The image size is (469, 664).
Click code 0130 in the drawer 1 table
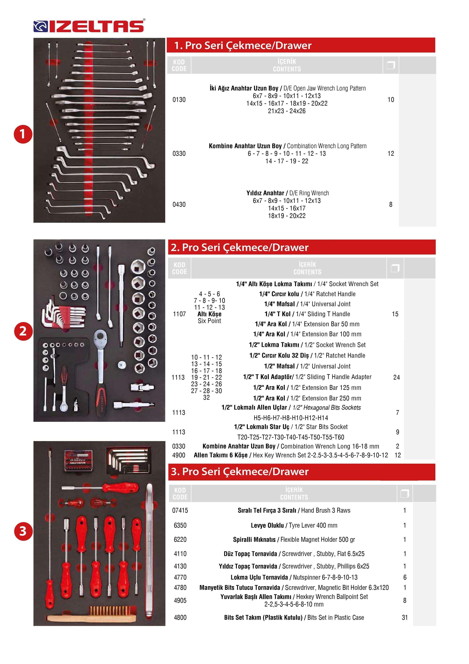pyautogui.click(x=179, y=100)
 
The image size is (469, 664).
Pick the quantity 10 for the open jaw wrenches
pyautogui.click(x=391, y=100)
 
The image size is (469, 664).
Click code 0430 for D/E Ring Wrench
pyautogui.click(x=179, y=205)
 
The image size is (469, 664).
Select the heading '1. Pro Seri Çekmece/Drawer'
pyautogui.click(x=243, y=45)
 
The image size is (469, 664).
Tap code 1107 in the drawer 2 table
pyautogui.click(x=179, y=314)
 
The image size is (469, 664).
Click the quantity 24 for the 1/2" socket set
pyautogui.click(x=396, y=377)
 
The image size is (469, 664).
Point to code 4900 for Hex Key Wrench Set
pyautogui.click(x=179, y=455)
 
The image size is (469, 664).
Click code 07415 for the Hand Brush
pyautogui.click(x=180, y=510)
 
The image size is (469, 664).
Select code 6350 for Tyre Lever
pyautogui.click(x=180, y=525)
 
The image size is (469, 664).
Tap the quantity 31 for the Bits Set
pyautogui.click(x=405, y=617)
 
